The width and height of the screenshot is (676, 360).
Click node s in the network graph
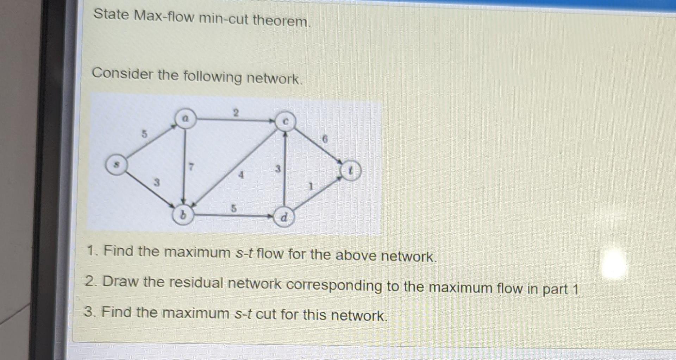tap(117, 165)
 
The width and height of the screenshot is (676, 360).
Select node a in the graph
tap(186, 119)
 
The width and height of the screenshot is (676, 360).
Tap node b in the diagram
tap(183, 215)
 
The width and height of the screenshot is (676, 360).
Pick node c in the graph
tap(286, 121)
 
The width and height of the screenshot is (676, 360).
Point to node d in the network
tap(284, 217)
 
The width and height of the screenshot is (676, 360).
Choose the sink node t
tap(350, 171)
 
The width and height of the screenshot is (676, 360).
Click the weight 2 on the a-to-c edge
tap(236, 113)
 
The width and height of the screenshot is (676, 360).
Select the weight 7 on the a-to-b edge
tap(191, 166)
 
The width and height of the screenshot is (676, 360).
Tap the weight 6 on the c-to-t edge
tap(325, 139)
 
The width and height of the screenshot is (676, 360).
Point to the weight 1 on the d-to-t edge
tap(311, 186)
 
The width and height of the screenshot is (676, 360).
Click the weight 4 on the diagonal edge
tap(241, 175)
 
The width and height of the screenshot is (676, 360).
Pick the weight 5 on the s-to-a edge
tap(144, 134)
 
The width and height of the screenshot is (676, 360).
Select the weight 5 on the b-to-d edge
tap(233, 208)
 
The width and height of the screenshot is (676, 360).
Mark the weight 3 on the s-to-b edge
tap(157, 183)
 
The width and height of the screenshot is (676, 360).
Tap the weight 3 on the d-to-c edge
tap(278, 169)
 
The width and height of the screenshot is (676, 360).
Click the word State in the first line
tap(111, 14)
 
